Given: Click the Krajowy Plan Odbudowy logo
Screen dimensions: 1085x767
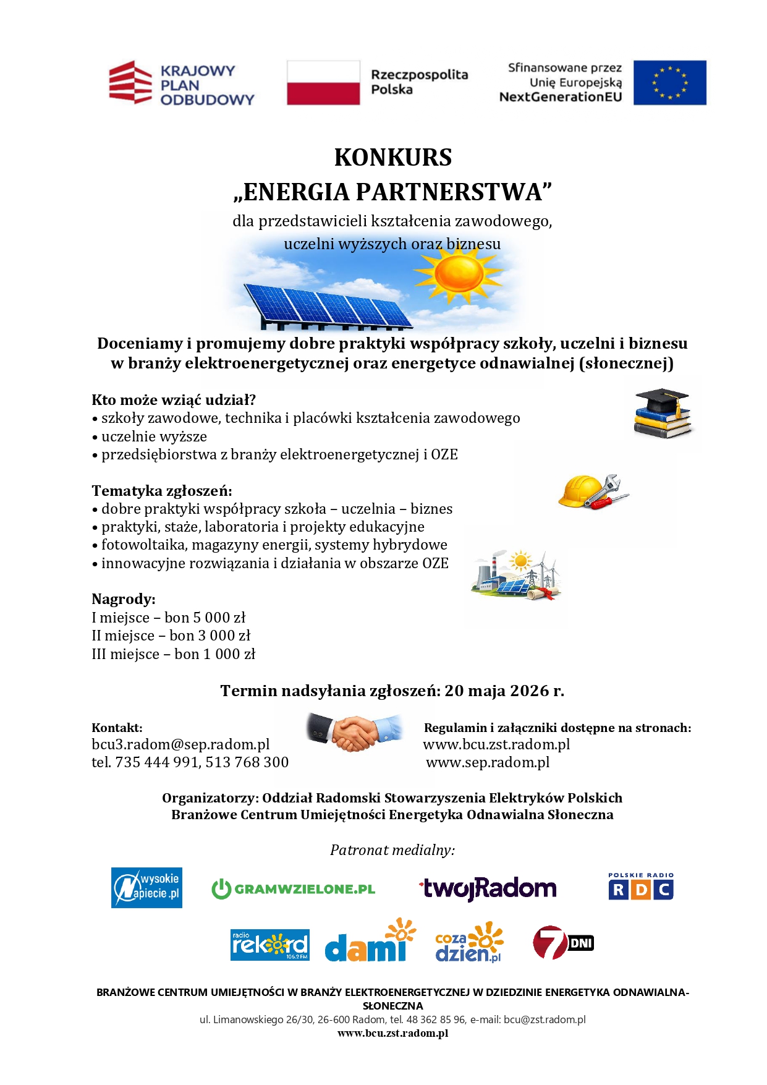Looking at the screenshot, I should pyautogui.click(x=181, y=83).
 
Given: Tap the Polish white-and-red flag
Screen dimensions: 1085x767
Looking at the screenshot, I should pyautogui.click(x=323, y=83).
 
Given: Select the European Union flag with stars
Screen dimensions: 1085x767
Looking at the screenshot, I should pyautogui.click(x=669, y=83).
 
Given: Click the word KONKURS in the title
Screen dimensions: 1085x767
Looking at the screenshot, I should pyautogui.click(x=392, y=158).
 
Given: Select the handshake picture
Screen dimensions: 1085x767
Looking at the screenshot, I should pyautogui.click(x=354, y=731).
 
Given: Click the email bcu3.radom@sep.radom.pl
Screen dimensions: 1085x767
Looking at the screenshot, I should pyautogui.click(x=180, y=744).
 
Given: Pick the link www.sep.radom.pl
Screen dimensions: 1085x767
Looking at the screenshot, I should pyautogui.click(x=488, y=762).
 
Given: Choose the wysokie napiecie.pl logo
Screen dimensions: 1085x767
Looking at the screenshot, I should pyautogui.click(x=146, y=888).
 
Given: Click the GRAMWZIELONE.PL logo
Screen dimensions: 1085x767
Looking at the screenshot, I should pyautogui.click(x=294, y=889).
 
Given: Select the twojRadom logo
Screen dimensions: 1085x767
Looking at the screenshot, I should pyautogui.click(x=488, y=889).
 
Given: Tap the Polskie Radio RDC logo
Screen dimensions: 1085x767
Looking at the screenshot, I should pyautogui.click(x=640, y=887).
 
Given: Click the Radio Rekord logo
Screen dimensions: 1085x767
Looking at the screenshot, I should pyautogui.click(x=269, y=945).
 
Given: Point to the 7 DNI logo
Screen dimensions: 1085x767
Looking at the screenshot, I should pyautogui.click(x=562, y=943).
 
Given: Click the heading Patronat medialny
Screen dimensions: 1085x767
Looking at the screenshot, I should pyautogui.click(x=392, y=850).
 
